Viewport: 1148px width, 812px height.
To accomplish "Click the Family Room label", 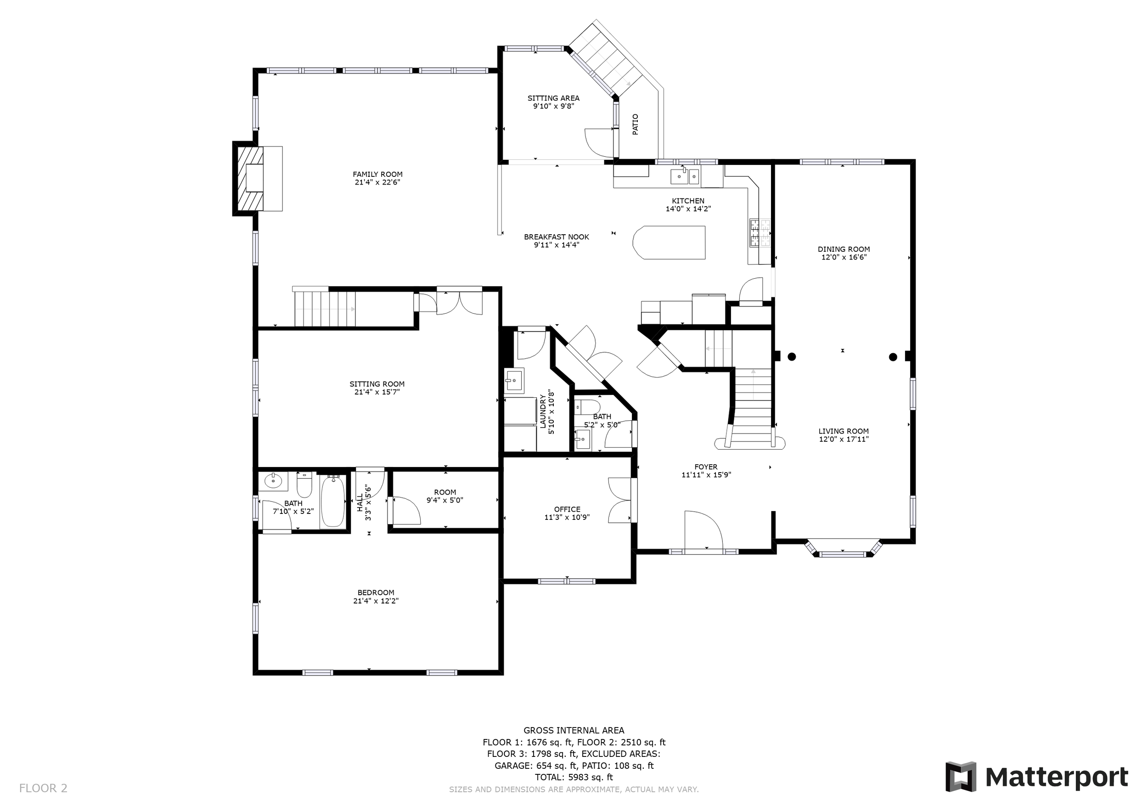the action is pos(377,175).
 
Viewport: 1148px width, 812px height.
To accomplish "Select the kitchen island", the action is pos(669,242).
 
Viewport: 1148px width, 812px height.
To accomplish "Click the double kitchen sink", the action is pos(685,175).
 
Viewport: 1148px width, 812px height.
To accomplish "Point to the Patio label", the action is pos(636,124).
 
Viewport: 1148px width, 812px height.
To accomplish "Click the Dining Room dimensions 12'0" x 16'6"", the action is pos(844,258).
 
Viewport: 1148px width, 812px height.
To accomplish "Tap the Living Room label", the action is pos(844,431).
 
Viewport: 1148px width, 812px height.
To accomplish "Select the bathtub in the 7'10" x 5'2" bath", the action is pos(332,502).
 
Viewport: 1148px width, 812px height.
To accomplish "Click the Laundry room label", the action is pos(543,412).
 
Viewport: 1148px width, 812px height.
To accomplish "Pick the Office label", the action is pos(567,509).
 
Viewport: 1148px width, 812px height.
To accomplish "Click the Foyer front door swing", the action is pos(703,530).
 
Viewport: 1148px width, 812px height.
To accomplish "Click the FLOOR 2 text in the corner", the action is pos(43,789).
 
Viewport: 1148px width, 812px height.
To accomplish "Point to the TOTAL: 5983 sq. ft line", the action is pos(574,778).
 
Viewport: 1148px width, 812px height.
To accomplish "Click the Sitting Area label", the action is pos(553,98).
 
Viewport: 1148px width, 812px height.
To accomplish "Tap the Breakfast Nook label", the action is pos(557,237).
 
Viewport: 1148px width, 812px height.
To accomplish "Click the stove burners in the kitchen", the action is pos(760,233).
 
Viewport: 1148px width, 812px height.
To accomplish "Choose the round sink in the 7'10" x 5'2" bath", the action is pos(273,481).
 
